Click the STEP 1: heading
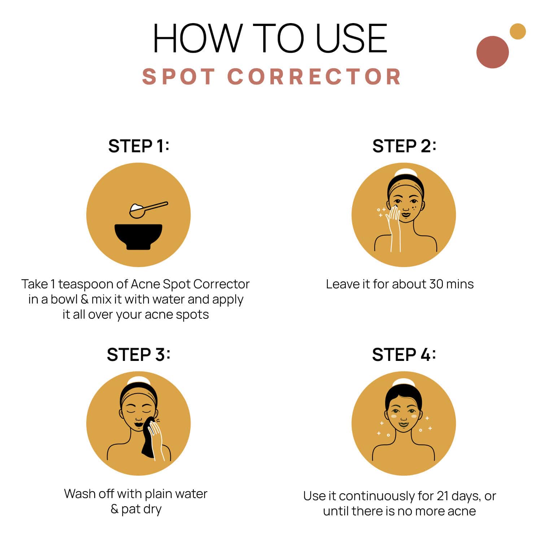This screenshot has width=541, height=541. click(139, 146)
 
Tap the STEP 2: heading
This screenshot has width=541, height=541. click(404, 146)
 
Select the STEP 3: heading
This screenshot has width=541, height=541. click(138, 355)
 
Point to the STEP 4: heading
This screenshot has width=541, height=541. click(404, 355)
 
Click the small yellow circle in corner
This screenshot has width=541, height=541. click(518, 31)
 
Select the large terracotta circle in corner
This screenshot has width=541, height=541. click(492, 52)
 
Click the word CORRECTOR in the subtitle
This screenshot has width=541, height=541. click(314, 77)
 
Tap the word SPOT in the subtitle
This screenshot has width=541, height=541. click(179, 77)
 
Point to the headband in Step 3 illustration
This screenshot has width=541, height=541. click(138, 395)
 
